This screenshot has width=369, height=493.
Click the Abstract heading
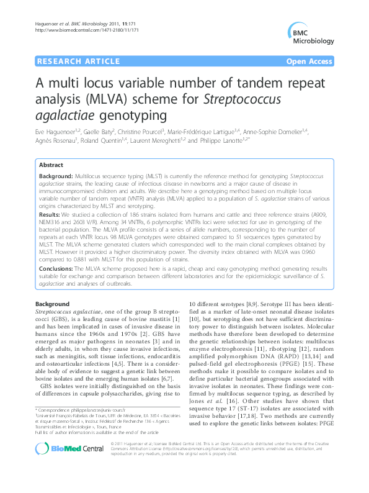[x=51, y=166]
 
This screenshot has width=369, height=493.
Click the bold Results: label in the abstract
[x=51, y=214]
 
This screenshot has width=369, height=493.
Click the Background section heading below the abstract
[x=53, y=303]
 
